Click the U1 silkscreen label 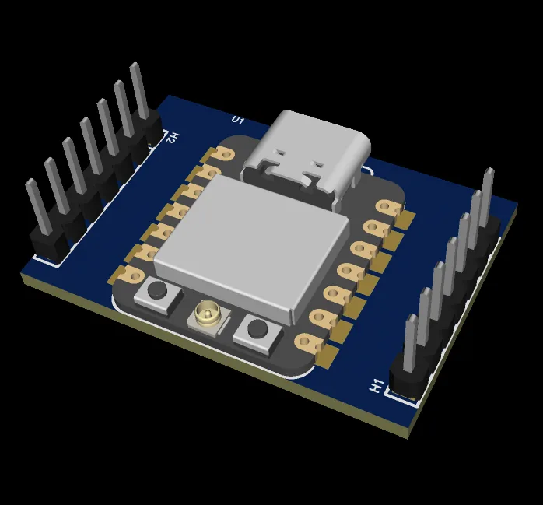tap(238, 120)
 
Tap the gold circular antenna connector tap(208, 314)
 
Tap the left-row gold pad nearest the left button tap(129, 272)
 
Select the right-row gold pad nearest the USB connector tap(387, 208)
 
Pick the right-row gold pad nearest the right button tap(308, 341)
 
